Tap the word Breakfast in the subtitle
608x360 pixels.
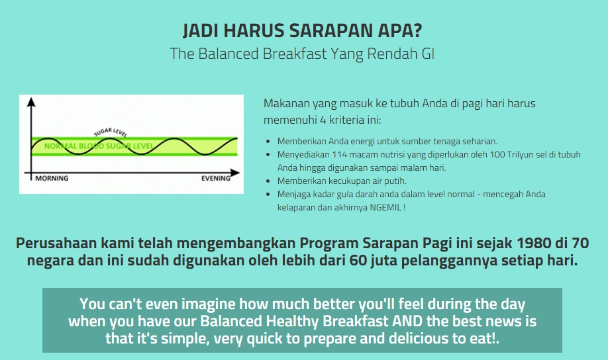(x=295, y=54)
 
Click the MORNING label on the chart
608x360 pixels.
(x=52, y=178)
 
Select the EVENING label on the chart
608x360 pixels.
(x=216, y=178)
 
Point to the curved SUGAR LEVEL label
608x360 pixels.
(x=111, y=132)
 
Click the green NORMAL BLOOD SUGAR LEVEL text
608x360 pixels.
(x=98, y=146)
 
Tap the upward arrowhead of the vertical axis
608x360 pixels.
(x=31, y=102)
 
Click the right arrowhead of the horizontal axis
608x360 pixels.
(x=235, y=173)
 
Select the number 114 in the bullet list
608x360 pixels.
(x=339, y=154)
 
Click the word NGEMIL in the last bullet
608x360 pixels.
(x=385, y=207)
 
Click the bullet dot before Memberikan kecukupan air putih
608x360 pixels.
(x=268, y=181)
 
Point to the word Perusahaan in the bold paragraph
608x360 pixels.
(x=56, y=243)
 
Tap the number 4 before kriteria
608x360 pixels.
(x=323, y=120)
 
